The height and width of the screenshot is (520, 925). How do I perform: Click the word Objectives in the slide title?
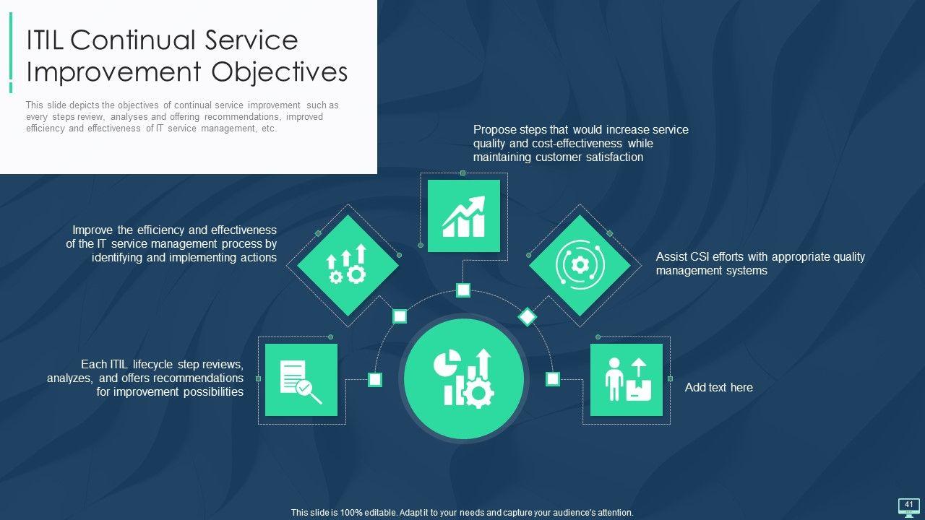click(280, 72)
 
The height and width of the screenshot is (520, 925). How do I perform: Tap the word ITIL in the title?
click(45, 40)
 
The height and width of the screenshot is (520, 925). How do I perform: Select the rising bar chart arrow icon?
click(464, 216)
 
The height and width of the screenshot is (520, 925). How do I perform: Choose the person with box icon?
click(628, 379)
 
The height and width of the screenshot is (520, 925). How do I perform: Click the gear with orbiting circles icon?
click(580, 265)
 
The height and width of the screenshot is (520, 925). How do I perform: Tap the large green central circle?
click(464, 378)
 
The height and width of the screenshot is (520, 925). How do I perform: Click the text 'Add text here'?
click(718, 388)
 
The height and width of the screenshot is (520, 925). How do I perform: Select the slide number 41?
click(908, 504)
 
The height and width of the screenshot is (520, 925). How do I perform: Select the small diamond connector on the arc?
click(528, 317)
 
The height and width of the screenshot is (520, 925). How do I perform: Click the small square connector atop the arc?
click(463, 290)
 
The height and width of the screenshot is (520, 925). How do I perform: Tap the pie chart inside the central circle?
click(447, 363)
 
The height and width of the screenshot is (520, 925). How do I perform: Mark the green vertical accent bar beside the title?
click(11, 53)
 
